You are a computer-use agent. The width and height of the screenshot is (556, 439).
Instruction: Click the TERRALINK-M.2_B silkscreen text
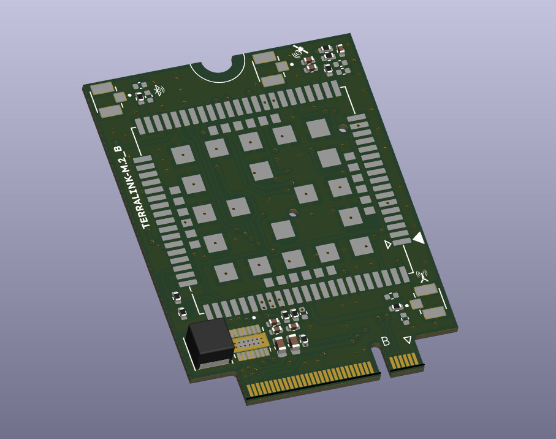132,187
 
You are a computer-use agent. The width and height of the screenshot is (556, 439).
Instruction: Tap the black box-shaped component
210,343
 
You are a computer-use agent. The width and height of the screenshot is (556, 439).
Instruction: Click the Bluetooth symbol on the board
159,90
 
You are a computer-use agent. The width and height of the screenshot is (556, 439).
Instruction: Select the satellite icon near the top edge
300,51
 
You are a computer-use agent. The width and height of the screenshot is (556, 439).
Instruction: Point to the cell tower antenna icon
422,276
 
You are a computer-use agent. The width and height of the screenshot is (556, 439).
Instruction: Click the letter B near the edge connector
386,341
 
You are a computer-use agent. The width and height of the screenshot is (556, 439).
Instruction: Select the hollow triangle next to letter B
408,340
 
